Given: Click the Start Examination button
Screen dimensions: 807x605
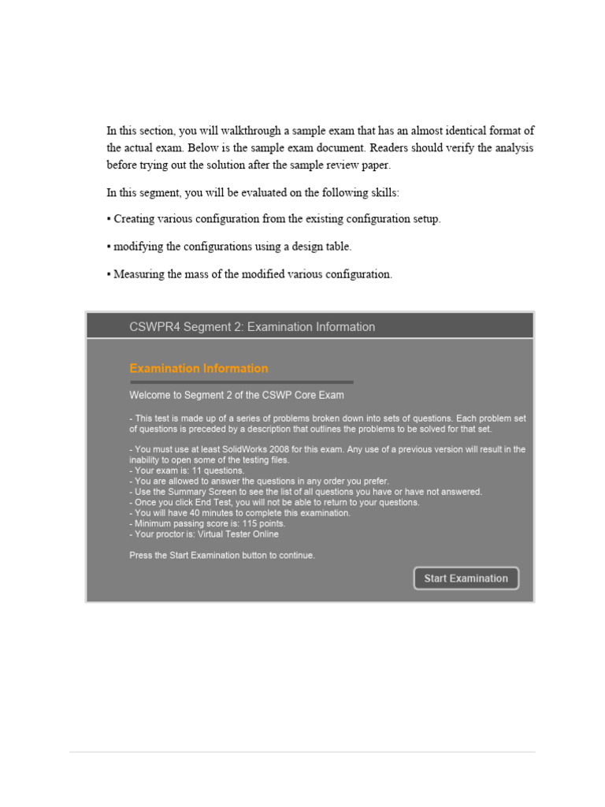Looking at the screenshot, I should (466, 578).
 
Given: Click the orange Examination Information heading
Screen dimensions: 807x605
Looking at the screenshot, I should (199, 368).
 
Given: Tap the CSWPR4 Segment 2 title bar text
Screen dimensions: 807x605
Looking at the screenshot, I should (252, 326).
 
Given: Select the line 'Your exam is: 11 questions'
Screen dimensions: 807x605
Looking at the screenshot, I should (190, 470).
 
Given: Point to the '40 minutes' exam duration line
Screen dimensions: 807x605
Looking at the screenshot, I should (240, 513).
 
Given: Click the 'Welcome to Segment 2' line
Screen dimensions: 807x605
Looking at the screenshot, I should (236, 395).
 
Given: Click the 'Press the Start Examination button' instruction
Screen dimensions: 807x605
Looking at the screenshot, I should (222, 556).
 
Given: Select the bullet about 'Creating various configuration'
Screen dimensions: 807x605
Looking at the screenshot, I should (274, 219).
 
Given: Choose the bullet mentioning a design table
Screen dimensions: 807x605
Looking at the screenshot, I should (229, 247).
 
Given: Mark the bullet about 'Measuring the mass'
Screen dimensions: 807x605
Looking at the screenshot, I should (249, 274).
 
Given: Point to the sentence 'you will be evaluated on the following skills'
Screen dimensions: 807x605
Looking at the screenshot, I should (253, 192).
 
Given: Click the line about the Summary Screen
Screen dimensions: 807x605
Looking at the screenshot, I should (306, 492).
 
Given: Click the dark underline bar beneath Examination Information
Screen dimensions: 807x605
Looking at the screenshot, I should (241, 382).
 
